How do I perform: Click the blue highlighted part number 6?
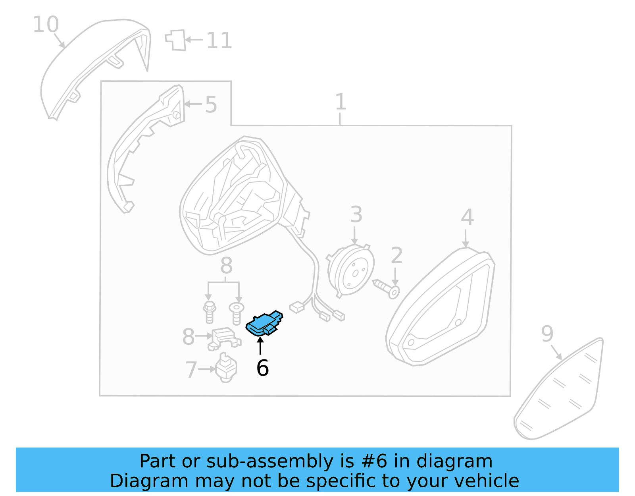click(x=264, y=323)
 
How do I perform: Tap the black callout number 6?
click(x=262, y=368)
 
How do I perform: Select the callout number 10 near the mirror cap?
click(x=46, y=25)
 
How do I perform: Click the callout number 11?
click(x=219, y=41)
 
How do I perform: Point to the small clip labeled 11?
click(x=176, y=40)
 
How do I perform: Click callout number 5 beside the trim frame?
click(x=211, y=105)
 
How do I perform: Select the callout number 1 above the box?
click(x=340, y=102)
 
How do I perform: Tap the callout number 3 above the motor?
click(x=356, y=214)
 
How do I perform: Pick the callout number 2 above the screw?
click(x=396, y=255)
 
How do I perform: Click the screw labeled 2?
click(x=387, y=288)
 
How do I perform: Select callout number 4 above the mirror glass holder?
click(x=467, y=217)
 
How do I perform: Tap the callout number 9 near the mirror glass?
click(x=547, y=334)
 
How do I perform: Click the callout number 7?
click(x=191, y=370)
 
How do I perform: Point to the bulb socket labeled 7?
click(x=226, y=367)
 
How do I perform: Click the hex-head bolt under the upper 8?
click(x=209, y=312)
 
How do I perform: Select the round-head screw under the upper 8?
click(x=237, y=313)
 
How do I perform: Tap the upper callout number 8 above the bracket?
click(x=226, y=265)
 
